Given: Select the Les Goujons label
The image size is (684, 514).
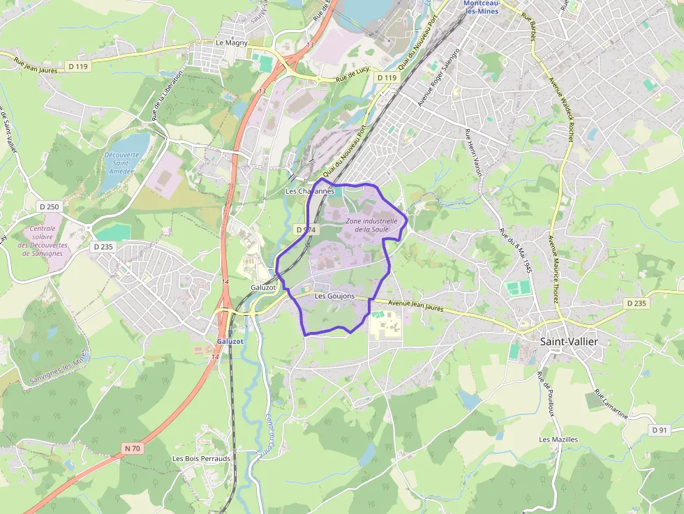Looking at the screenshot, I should (x=334, y=296).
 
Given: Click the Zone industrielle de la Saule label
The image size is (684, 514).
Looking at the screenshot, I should (x=372, y=225).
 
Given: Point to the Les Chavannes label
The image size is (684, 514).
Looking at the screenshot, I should (x=310, y=190).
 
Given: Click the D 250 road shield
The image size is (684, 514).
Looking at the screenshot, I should (x=49, y=207).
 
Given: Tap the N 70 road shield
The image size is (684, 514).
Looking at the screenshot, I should (x=132, y=448).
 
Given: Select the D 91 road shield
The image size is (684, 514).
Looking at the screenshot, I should (x=660, y=430).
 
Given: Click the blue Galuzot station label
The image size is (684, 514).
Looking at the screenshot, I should (x=230, y=341).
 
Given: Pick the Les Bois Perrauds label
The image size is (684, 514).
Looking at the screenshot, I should (x=201, y=458).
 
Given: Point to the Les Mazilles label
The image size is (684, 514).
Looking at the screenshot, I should (x=558, y=439).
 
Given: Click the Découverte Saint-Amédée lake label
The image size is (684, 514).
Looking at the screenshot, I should (x=121, y=162).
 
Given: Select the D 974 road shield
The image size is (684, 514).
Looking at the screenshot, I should (x=306, y=229).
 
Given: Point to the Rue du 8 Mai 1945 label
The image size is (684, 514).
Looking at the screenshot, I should (x=516, y=253).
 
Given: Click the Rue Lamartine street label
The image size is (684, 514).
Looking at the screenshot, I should (x=611, y=404).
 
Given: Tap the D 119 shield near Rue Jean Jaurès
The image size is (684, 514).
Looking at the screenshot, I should (x=78, y=66).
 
